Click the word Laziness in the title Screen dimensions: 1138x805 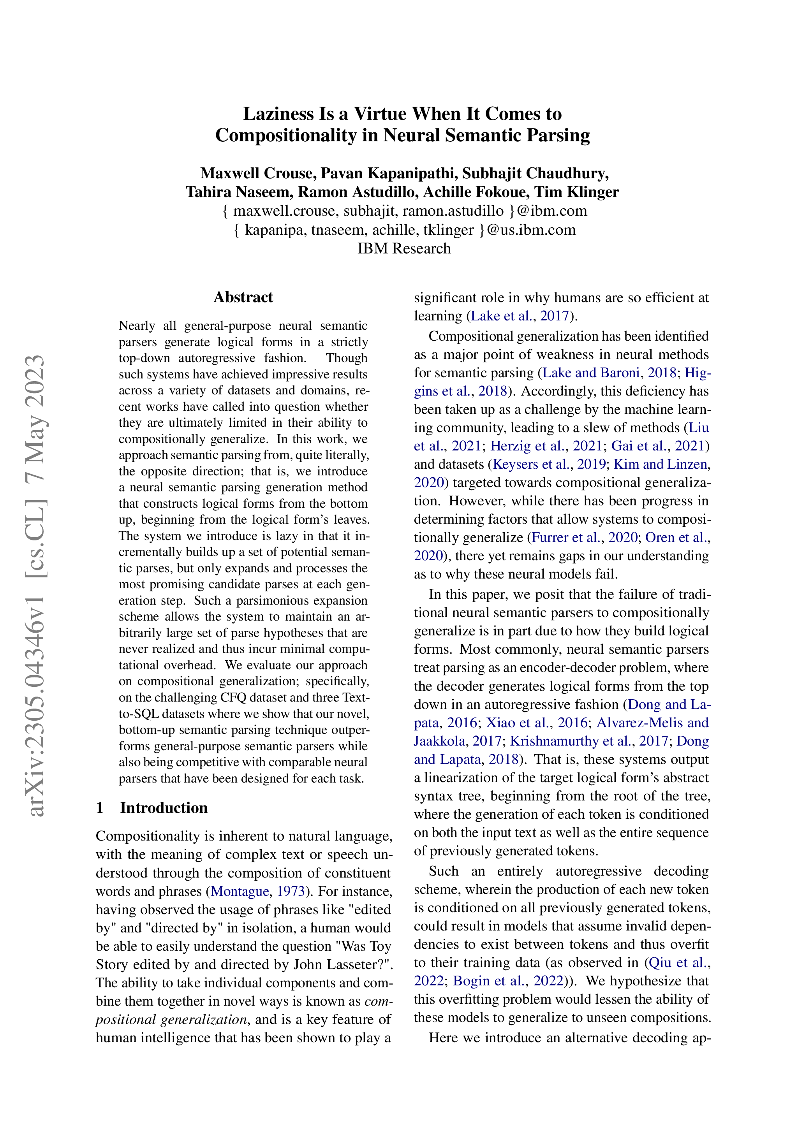point(279,114)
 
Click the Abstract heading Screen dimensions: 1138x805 point(243,297)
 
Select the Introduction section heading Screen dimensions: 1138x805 point(164,807)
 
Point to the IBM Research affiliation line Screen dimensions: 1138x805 point(403,248)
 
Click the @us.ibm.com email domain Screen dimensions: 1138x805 point(531,230)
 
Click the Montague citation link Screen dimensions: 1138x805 point(240,891)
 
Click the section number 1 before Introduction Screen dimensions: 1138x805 point(100,807)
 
